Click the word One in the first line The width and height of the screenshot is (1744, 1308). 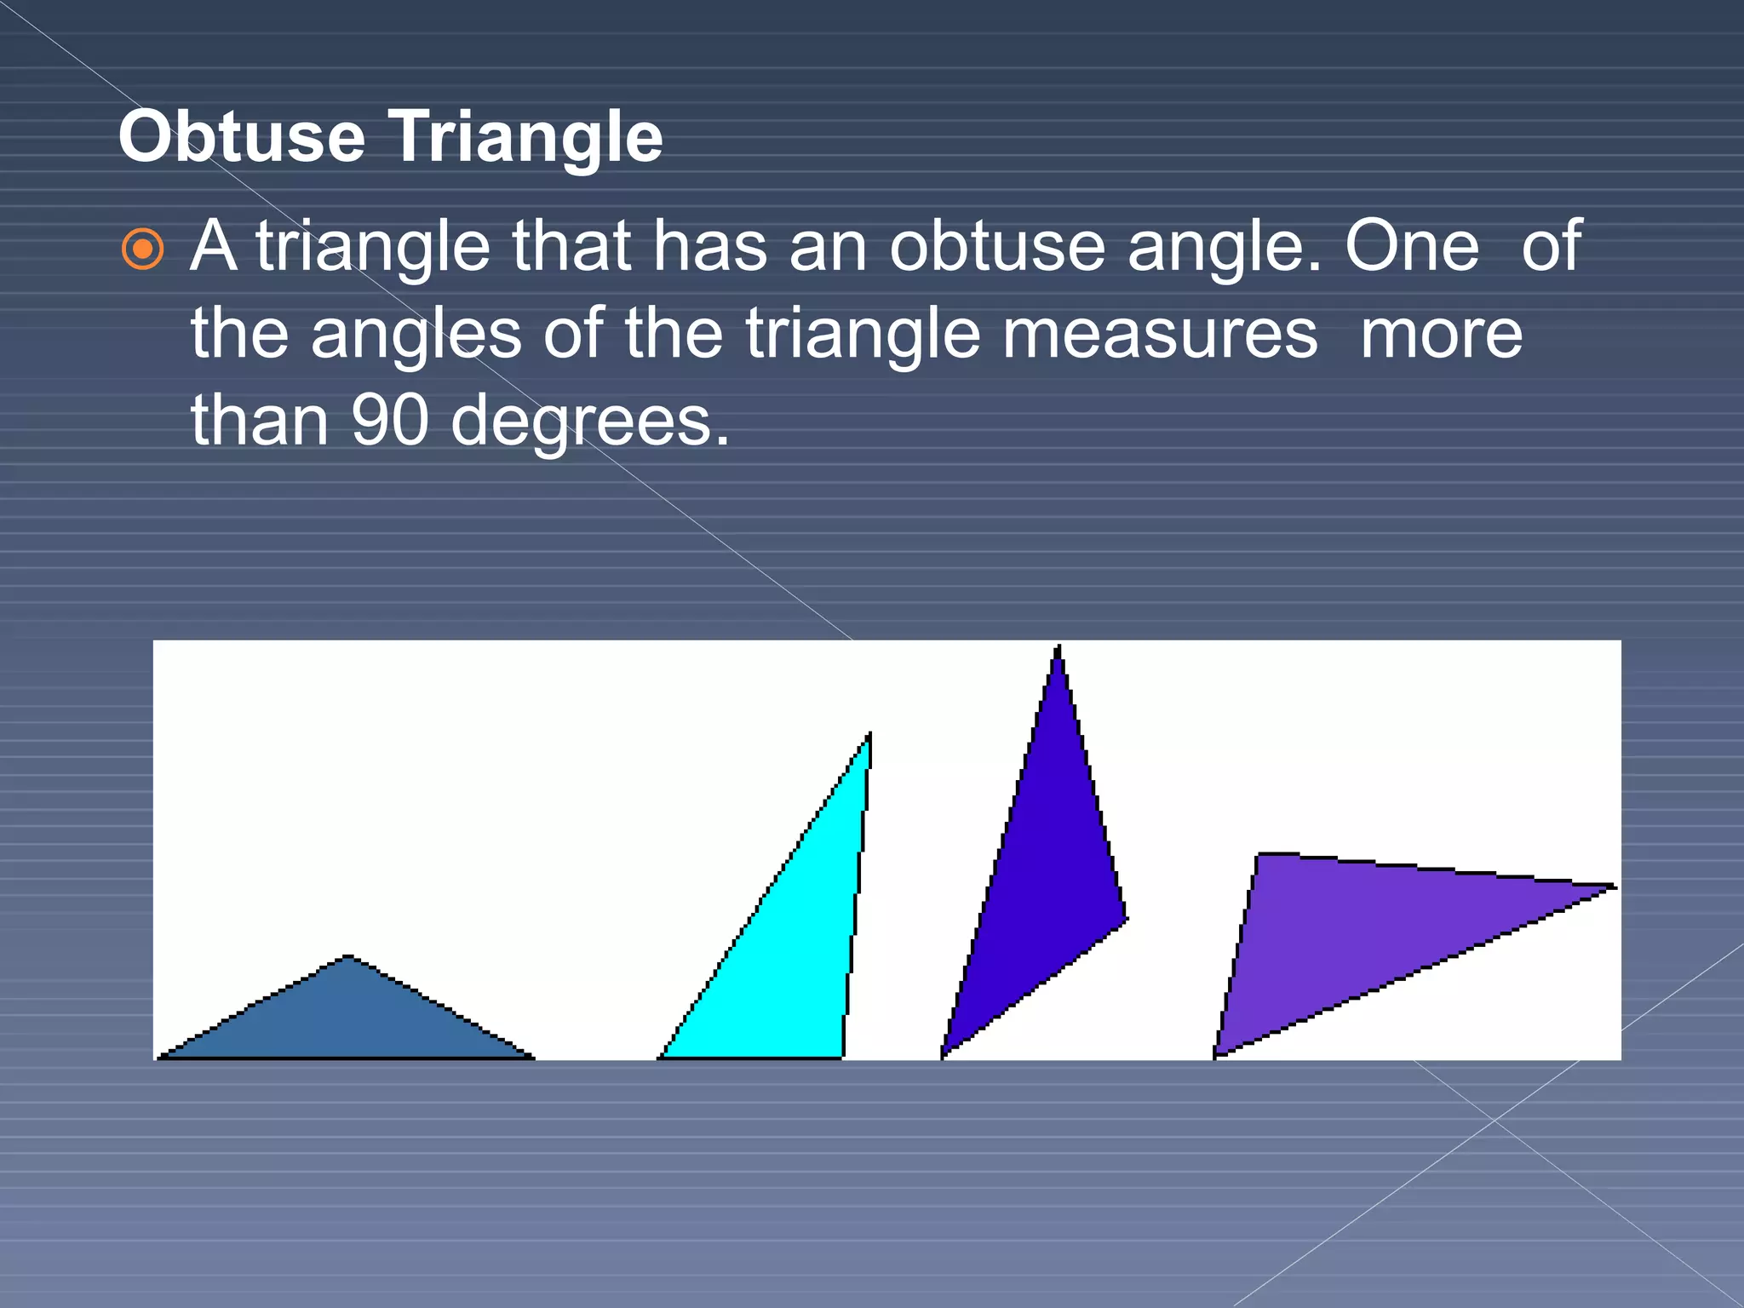1412,246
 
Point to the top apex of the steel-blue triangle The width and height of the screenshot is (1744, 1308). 347,957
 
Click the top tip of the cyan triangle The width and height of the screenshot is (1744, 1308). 869,735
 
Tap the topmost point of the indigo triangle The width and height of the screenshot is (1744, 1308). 1058,647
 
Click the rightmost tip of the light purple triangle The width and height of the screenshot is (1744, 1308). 1614,886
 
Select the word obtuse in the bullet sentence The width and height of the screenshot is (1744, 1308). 997,246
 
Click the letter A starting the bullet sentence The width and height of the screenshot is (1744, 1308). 213,246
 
